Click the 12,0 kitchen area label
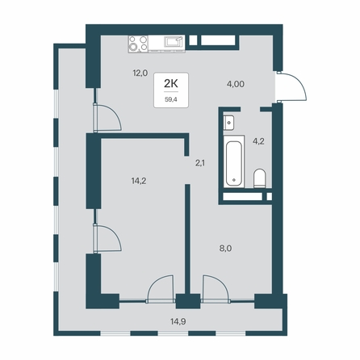(140, 73)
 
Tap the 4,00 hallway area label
(236, 84)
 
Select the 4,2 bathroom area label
(258, 141)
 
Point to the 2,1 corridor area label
(200, 163)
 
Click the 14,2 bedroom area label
(139, 181)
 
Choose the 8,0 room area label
(225, 249)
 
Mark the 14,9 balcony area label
(178, 321)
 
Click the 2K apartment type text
(171, 84)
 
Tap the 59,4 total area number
(171, 98)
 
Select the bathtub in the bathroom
(233, 161)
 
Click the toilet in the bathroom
(260, 178)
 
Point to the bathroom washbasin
(229, 123)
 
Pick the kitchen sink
(174, 42)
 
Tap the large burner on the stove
(132, 48)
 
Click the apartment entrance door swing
(292, 86)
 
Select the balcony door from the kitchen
(107, 118)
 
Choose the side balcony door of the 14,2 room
(107, 238)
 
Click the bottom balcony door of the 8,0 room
(216, 289)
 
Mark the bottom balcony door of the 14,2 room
(160, 289)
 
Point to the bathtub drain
(233, 179)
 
